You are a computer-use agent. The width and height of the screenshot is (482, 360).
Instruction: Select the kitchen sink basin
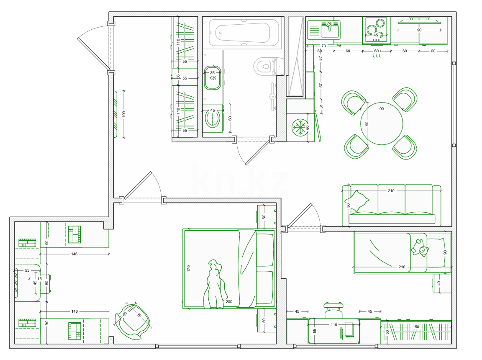tap(330, 30)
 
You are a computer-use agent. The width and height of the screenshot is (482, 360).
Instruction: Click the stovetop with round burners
tap(376, 30)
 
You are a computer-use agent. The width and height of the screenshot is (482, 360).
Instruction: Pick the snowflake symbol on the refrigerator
tap(300, 128)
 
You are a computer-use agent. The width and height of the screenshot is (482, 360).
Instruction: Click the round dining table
tap(382, 123)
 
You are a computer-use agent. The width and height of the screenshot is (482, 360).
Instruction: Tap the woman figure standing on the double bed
tap(215, 284)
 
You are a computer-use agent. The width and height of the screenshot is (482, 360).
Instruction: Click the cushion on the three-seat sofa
tap(360, 201)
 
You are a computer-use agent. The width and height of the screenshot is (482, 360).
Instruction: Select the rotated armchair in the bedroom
tap(133, 321)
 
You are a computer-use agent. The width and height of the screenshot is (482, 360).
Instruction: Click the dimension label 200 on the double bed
tap(229, 301)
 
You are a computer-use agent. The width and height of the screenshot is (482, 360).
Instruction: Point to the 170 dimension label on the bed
tap(188, 268)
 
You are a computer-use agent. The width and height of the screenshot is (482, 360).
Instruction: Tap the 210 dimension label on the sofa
tap(391, 190)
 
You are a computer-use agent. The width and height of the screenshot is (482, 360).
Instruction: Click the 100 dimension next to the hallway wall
tap(124, 114)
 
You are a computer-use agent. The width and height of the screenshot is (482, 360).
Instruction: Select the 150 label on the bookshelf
tap(416, 327)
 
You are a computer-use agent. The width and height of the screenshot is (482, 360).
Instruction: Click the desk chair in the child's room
tap(333, 310)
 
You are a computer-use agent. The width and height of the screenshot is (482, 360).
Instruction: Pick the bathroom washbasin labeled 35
tap(213, 78)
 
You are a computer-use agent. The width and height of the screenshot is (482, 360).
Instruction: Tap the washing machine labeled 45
tap(213, 118)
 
